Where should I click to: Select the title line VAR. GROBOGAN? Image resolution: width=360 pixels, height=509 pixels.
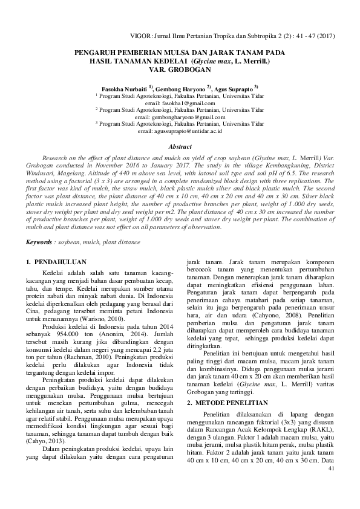(180, 70)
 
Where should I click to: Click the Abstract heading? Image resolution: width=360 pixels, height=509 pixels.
(180, 147)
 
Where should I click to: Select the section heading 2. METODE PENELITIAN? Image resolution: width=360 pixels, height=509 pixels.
(227, 385)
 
